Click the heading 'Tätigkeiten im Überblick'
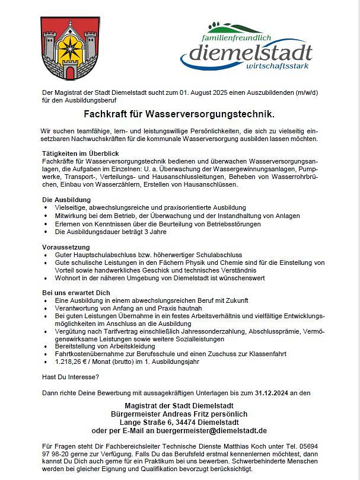click(81, 153)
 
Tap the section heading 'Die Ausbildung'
click(66, 200)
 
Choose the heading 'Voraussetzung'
click(65, 247)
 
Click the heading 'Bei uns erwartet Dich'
click(76, 293)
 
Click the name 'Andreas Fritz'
click(189, 414)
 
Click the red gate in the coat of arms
click(71, 73)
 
